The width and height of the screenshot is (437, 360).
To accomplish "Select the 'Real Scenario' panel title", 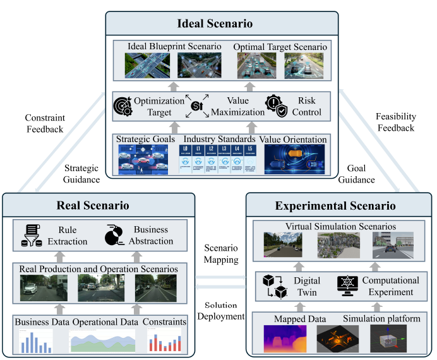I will coord(94,205).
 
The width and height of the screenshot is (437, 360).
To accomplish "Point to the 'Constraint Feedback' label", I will coord(44,123).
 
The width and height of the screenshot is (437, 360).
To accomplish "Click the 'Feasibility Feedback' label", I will coord(395,122).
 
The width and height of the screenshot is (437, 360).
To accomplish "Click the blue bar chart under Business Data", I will coord(35,340).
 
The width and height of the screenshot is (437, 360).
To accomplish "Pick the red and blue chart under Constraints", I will coord(165,341).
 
